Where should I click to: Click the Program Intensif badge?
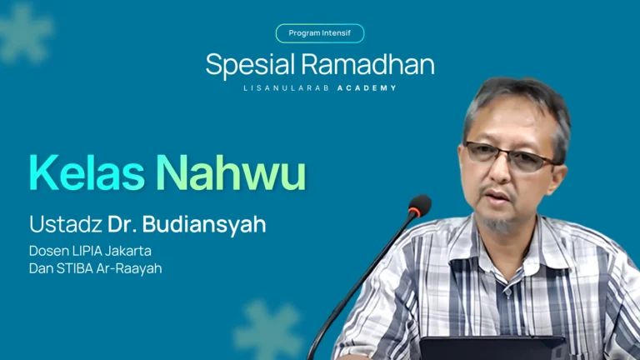coord(320,33)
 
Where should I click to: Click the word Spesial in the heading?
coord(249,65)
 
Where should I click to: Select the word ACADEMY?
coord(367,87)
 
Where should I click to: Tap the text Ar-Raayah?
coord(132,268)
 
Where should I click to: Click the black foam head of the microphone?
coord(419,206)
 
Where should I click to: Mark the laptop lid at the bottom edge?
coord(492,348)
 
